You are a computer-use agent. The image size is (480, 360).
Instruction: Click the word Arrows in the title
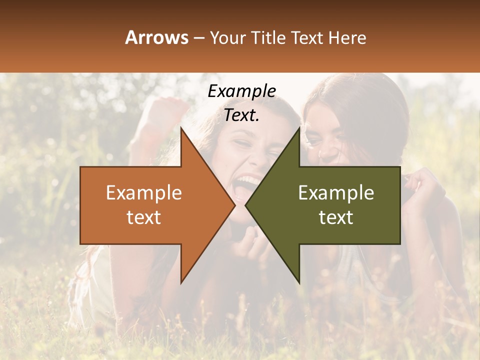click(156, 37)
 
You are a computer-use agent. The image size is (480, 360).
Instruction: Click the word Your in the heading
click(228, 37)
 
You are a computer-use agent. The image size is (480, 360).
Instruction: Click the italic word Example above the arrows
click(241, 91)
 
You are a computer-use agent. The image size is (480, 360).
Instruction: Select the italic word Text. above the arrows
click(241, 115)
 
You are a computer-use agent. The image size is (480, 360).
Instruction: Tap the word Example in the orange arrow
click(144, 193)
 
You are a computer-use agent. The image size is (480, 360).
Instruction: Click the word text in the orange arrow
click(144, 217)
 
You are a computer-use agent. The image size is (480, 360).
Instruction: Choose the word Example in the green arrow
click(336, 193)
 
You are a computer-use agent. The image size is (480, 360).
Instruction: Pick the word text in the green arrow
click(336, 217)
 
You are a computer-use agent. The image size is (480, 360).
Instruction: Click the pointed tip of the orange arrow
click(234, 205)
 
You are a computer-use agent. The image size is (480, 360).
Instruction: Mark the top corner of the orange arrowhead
click(181, 129)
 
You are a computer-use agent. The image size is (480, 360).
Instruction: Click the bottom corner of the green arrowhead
click(299, 282)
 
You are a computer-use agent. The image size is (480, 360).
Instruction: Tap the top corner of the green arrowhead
click(299, 129)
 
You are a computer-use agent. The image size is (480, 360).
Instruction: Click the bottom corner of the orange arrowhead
click(181, 282)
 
